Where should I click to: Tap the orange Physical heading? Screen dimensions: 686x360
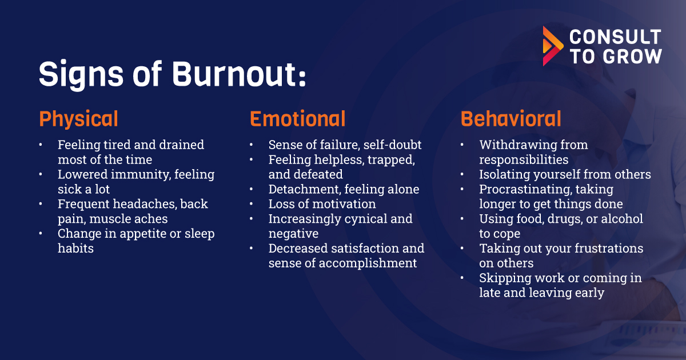(78, 119)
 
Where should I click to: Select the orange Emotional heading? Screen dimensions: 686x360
(298, 119)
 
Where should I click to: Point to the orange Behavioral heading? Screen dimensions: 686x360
(511, 119)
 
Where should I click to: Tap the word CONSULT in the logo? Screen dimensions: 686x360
(615, 37)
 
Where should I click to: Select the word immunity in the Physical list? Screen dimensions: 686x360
(141, 175)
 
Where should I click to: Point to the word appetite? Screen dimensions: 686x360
(143, 234)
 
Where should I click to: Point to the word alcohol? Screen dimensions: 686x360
(622, 219)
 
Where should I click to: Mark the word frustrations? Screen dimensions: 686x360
(609, 248)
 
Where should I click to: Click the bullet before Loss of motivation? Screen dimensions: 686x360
(251, 204)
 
